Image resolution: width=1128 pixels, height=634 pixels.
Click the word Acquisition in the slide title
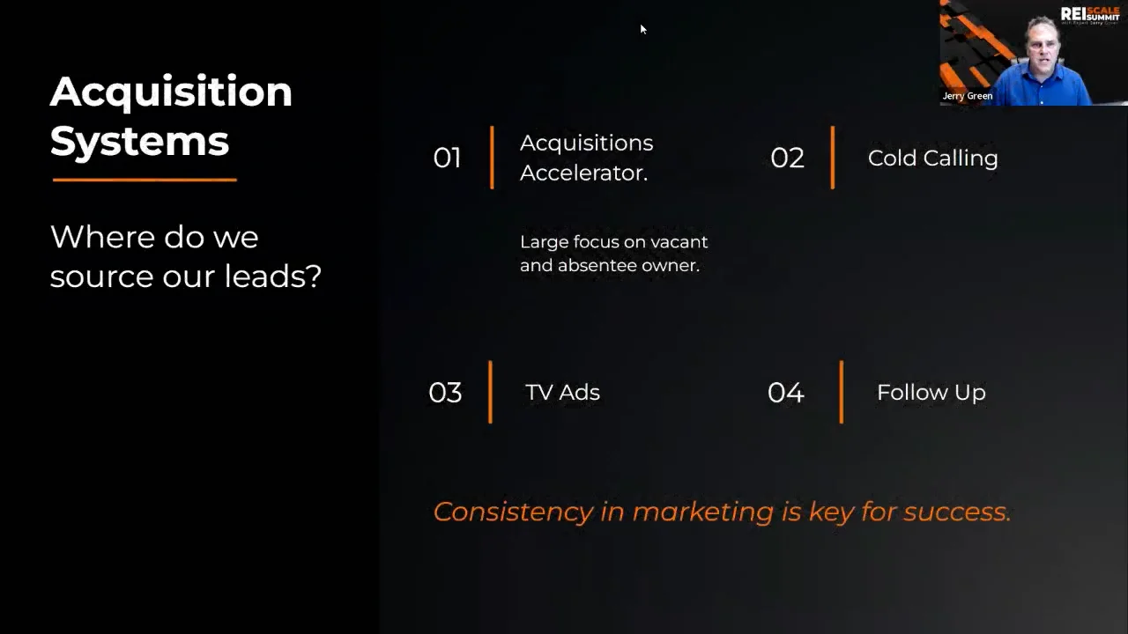tap(171, 92)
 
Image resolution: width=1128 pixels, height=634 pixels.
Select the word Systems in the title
tap(139, 141)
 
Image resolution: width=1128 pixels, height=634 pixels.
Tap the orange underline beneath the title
tap(145, 180)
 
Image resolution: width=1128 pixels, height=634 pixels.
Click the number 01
tap(447, 158)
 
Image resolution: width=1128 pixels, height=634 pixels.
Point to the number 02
tap(787, 158)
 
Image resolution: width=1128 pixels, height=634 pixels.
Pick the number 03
tap(445, 393)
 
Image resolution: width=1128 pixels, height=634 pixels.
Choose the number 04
tap(785, 393)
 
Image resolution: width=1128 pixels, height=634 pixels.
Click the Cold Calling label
tap(932, 158)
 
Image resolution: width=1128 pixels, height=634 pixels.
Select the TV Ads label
tap(562, 393)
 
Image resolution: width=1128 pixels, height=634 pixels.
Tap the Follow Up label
tap(931, 393)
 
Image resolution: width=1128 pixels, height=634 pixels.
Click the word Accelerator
tap(583, 173)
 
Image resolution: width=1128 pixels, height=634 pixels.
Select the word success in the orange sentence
tap(957, 512)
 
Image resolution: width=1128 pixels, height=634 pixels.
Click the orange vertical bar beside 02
tap(832, 158)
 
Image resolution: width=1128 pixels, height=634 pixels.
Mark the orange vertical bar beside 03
tap(490, 392)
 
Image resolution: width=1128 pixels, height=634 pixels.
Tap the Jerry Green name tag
tap(968, 96)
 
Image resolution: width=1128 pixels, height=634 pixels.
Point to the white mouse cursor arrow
tap(642, 29)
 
